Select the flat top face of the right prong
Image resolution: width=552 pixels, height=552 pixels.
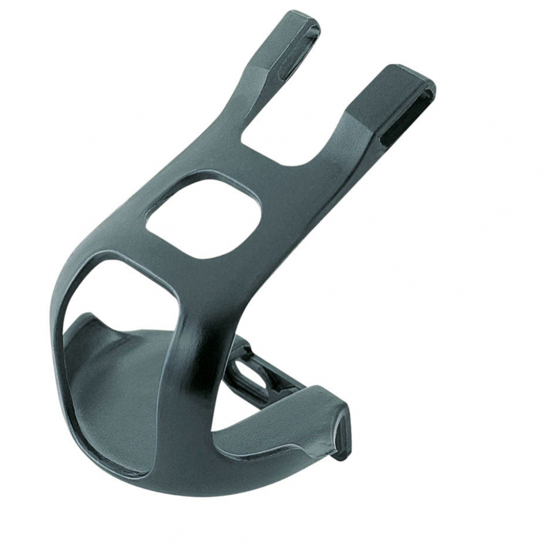pos(397,86)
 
